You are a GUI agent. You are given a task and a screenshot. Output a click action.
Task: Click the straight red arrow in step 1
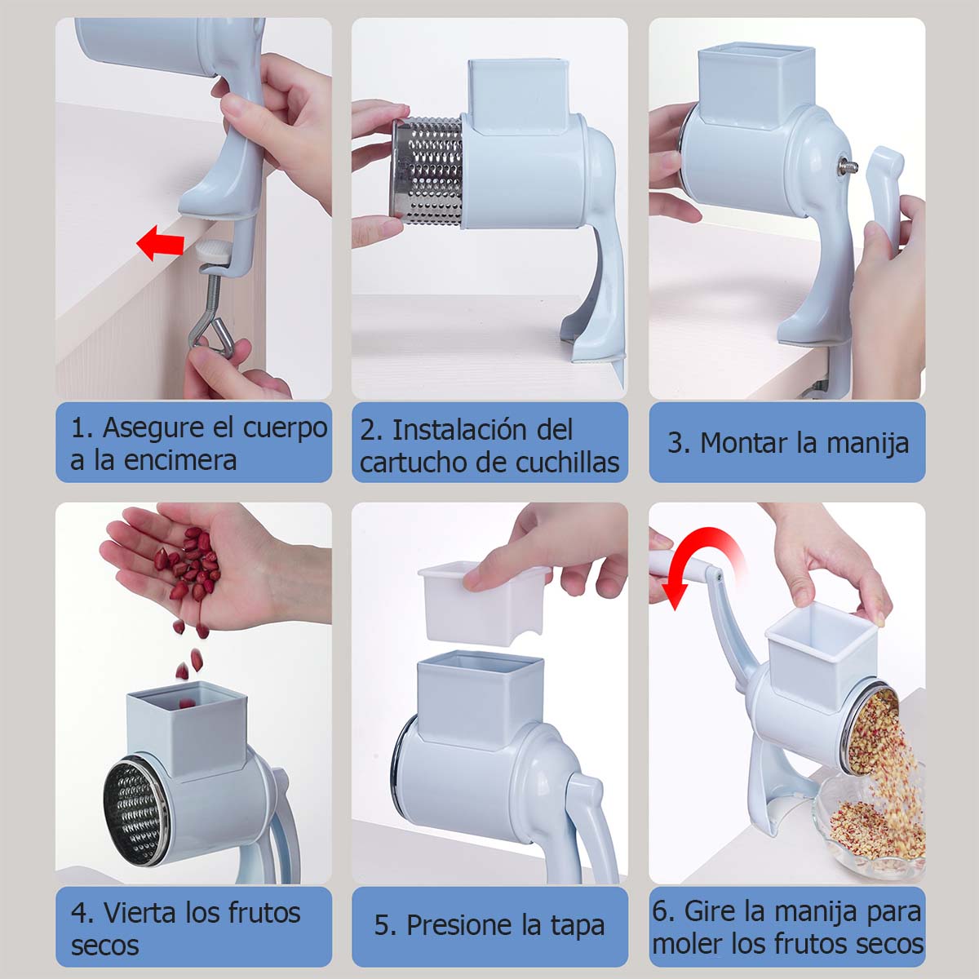161,243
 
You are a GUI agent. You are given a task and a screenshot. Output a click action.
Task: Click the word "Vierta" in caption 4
140,913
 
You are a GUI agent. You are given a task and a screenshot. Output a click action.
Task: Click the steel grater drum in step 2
427,171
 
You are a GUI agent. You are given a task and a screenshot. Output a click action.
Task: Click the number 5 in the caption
381,925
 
